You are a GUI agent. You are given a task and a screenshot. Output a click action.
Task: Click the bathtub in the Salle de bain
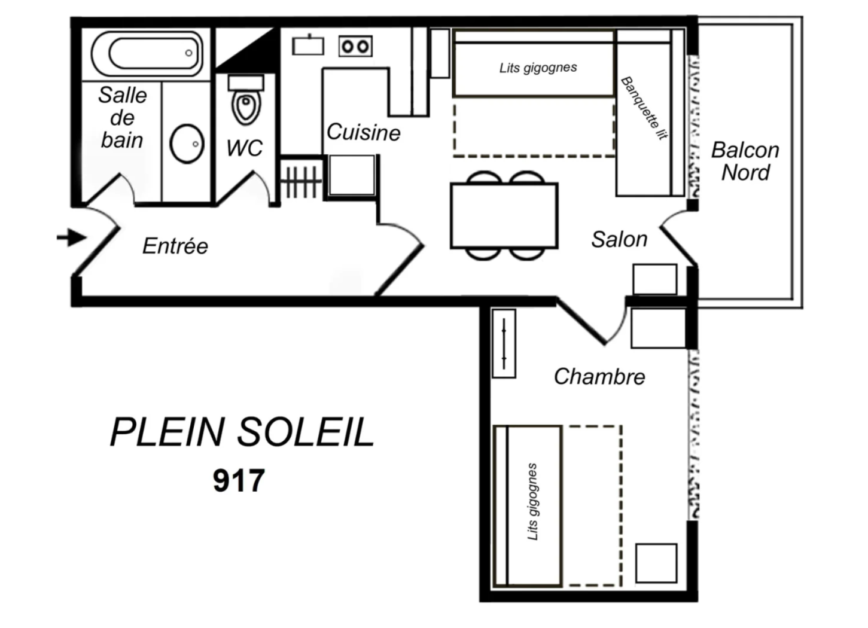coord(147,53)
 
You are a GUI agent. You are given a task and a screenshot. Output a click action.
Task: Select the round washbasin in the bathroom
coord(187,144)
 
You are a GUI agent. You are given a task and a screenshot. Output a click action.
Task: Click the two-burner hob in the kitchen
coord(355,47)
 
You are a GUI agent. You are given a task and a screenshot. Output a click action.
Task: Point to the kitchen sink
coord(308,45)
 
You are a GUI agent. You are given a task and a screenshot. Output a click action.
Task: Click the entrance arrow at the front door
coord(72,237)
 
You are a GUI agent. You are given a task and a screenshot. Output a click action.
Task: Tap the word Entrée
coord(175,246)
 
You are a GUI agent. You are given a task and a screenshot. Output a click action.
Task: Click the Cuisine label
coord(364,132)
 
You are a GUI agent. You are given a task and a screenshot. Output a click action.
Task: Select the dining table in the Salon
coord(504,215)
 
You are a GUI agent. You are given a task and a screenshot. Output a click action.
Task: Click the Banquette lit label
coord(645,108)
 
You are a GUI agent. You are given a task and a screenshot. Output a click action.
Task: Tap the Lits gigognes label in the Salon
coord(538,68)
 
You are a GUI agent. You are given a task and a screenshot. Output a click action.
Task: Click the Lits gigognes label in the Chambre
coord(532,502)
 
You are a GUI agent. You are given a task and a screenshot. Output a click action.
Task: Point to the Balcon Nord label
coord(745,161)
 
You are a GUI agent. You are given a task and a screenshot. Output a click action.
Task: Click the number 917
coord(239,480)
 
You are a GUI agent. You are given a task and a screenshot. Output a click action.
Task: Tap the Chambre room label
coord(599,377)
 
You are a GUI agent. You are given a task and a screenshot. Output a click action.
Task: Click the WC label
coord(245,148)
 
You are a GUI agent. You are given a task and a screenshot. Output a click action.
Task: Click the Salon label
coord(619,239)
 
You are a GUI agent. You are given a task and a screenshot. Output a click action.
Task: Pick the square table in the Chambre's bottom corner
coord(656,563)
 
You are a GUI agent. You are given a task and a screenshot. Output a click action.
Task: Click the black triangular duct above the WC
coord(256,50)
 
